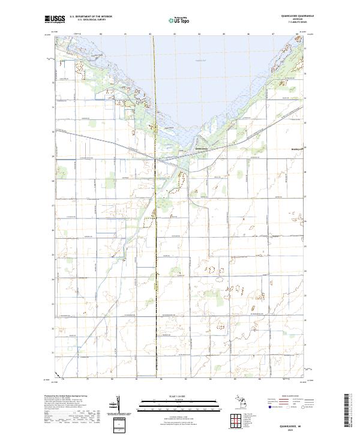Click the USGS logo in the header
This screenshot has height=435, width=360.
pos(56,19)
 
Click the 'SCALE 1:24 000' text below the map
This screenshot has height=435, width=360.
pos(179,395)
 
